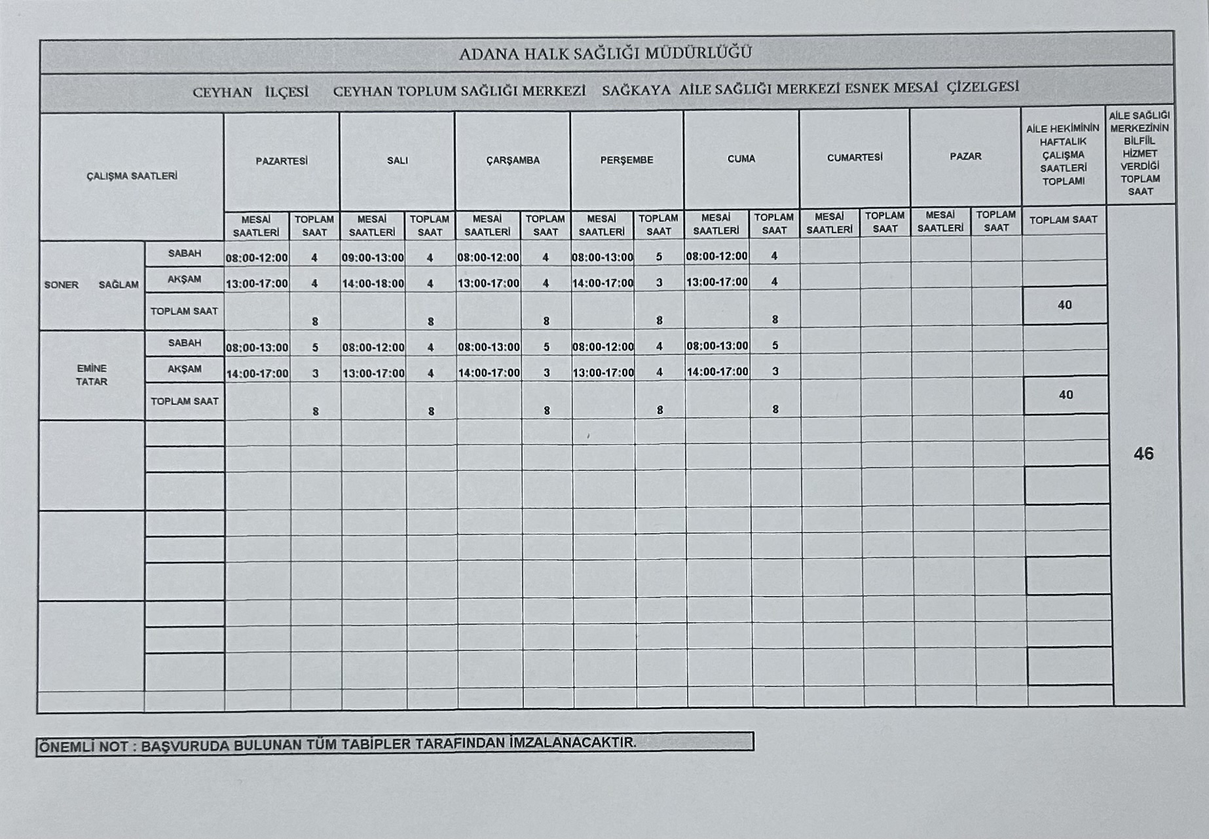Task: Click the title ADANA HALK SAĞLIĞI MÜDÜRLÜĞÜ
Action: [x=605, y=53]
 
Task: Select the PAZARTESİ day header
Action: [x=282, y=161]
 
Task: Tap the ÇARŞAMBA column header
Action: [x=513, y=160]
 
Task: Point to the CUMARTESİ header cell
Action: [x=855, y=158]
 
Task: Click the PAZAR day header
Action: [x=965, y=157]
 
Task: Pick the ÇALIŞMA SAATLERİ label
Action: [x=132, y=176]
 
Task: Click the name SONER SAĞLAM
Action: [x=91, y=285]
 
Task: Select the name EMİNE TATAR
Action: [x=91, y=375]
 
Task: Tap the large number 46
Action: [x=1144, y=454]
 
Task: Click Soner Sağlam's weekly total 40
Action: [x=1064, y=305]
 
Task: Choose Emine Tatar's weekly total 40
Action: [x=1066, y=394]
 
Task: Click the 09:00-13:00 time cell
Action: [x=373, y=258]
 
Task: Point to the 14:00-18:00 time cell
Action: [x=373, y=284]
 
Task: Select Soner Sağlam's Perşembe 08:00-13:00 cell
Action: [x=603, y=257]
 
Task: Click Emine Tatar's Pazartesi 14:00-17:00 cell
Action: [x=257, y=374]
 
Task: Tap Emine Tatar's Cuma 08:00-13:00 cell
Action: [x=717, y=346]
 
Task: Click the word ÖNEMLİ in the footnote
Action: [x=64, y=746]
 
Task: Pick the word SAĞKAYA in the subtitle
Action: [x=636, y=90]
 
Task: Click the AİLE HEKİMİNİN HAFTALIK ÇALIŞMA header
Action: [x=1063, y=155]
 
